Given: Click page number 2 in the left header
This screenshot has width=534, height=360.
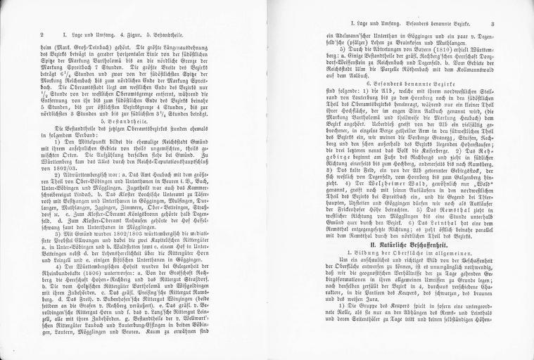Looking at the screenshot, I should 43,34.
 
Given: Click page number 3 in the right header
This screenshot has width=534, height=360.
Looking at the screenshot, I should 494,25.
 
